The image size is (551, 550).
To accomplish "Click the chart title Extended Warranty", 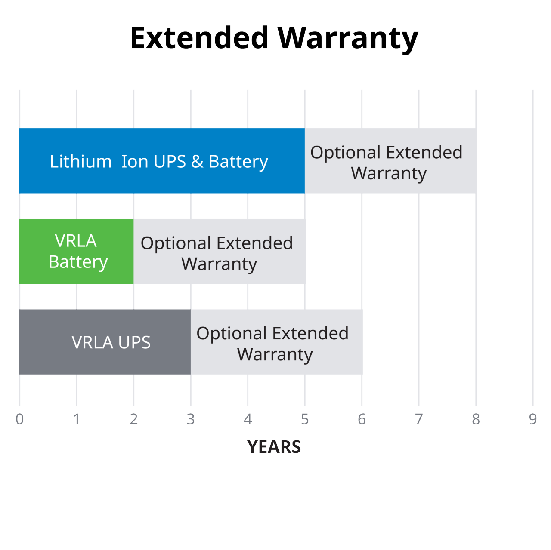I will pyautogui.click(x=274, y=38).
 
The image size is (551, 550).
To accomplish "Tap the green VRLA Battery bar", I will pyautogui.click(x=76, y=251).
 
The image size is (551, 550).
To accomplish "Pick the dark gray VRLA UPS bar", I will pyautogui.click(x=105, y=342).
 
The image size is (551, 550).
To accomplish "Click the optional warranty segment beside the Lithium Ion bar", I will pyautogui.click(x=390, y=161).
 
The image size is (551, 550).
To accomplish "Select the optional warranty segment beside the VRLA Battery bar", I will pyautogui.click(x=219, y=252).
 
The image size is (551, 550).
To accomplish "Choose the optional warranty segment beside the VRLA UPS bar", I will pyautogui.click(x=276, y=342).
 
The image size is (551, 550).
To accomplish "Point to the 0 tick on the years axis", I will pyautogui.click(x=19, y=419).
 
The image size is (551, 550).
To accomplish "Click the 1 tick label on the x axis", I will pyautogui.click(x=77, y=419).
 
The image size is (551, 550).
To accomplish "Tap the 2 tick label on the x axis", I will pyautogui.click(x=133, y=419).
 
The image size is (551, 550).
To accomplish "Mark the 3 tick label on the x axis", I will pyautogui.click(x=191, y=419).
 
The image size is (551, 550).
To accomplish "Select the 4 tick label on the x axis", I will pyautogui.click(x=248, y=419).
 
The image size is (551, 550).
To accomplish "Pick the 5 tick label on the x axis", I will pyautogui.click(x=305, y=419).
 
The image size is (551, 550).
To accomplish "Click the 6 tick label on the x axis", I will pyautogui.click(x=362, y=419).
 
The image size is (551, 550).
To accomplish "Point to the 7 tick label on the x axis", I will pyautogui.click(x=419, y=419).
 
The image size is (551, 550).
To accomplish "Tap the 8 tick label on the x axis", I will pyautogui.click(x=476, y=419).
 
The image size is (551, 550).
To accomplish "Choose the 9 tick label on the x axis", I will pyautogui.click(x=533, y=419).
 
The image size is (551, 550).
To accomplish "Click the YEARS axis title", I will pyautogui.click(x=274, y=447).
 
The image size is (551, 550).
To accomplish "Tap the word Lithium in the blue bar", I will pyautogui.click(x=80, y=162).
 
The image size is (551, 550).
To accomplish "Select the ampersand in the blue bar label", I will pyautogui.click(x=197, y=162).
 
